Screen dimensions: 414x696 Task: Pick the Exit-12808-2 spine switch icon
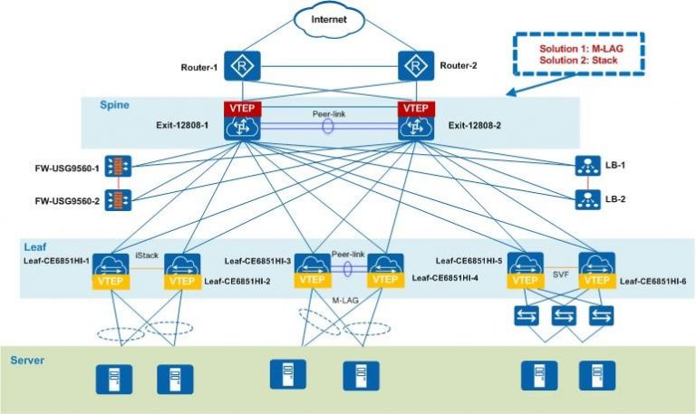pos(416,127)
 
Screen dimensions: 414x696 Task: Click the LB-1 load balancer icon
pos(586,166)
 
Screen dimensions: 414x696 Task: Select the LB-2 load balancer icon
pos(586,197)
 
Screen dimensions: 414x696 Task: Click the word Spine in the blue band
pos(114,106)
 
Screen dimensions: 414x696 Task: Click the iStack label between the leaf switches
pos(147,255)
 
